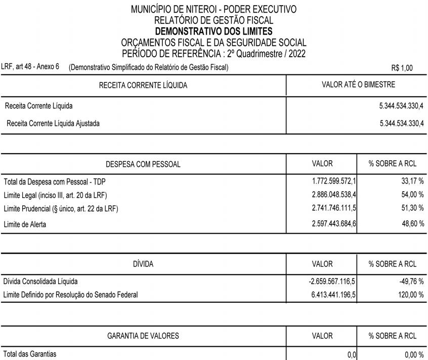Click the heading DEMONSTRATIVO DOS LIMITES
(x=213, y=31)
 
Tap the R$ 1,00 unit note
(x=402, y=68)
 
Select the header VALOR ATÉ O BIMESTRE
(x=358, y=84)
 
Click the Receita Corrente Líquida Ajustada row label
(x=53, y=123)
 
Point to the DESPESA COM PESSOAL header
(x=143, y=164)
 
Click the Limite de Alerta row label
(x=25, y=224)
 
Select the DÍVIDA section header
(x=143, y=264)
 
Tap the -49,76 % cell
(x=411, y=281)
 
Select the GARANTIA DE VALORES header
(x=143, y=336)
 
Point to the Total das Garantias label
(x=30, y=354)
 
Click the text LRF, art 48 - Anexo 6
(x=30, y=67)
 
